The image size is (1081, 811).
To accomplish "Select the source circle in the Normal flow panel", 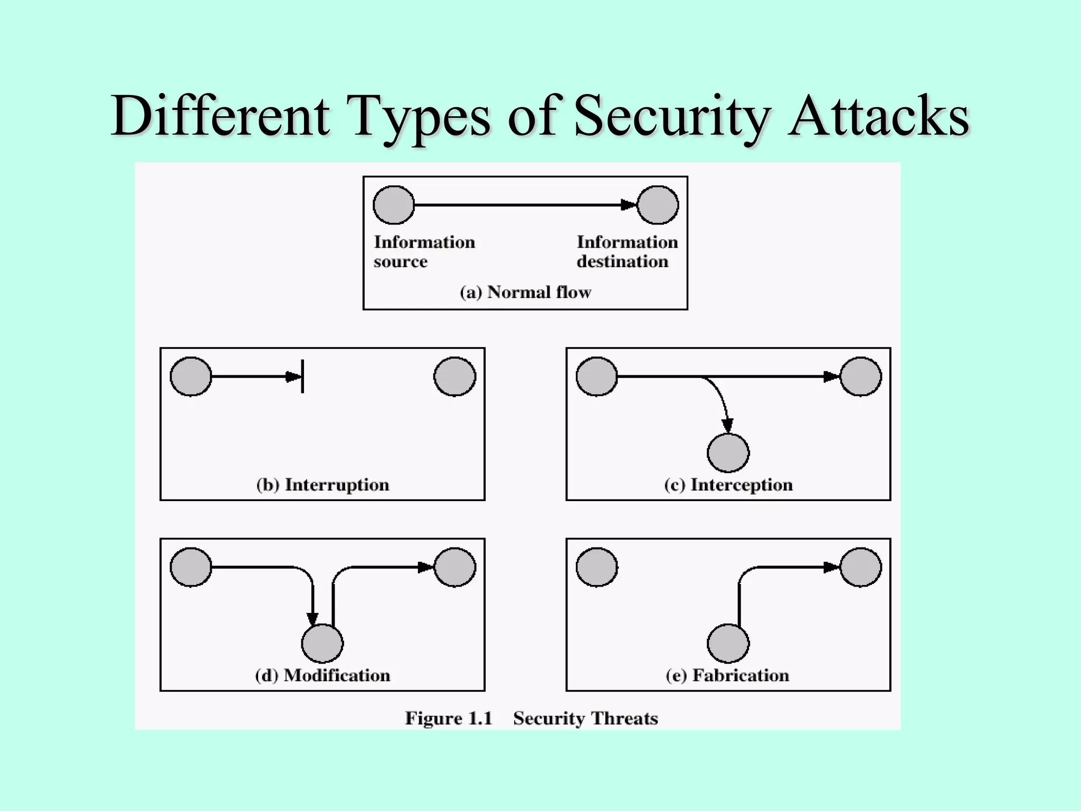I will point(394,205).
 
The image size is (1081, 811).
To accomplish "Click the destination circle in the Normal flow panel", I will point(658,205).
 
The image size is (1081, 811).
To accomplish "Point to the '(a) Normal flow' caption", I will point(525,292).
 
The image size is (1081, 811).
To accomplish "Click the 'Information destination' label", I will point(627,252).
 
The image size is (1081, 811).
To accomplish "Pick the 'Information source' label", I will point(424,252).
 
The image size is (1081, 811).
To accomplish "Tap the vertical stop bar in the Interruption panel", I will point(302,376).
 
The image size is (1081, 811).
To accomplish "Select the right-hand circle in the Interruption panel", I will point(454,376).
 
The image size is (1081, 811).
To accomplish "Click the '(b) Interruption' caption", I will point(323,485).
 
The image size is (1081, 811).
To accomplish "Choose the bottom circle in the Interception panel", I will point(728,453).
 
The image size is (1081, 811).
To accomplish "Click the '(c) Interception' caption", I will point(728,485).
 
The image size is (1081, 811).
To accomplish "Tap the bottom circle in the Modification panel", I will point(322,643).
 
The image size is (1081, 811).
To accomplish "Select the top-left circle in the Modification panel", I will point(191,567).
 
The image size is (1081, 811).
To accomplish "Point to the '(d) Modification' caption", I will point(323,675).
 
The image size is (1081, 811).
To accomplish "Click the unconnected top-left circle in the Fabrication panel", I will point(596,567).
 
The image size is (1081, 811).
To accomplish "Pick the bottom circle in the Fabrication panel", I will point(728,643).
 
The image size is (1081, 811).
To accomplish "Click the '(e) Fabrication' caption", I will point(727,675).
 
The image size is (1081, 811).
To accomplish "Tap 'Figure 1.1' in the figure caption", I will point(449,719).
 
